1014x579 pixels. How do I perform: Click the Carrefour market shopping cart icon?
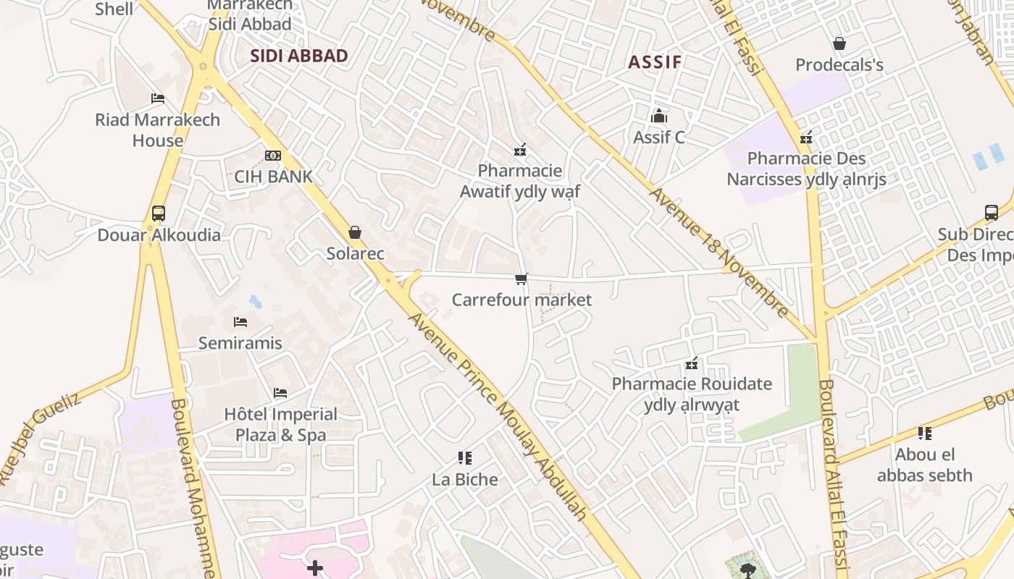pyautogui.click(x=521, y=279)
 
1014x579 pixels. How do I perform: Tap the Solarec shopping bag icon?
pyautogui.click(x=355, y=232)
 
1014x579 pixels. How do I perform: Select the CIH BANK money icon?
pyautogui.click(x=273, y=156)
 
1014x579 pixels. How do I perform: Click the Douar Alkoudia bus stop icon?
pyautogui.click(x=159, y=214)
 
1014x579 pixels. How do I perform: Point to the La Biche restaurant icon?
pyautogui.click(x=465, y=457)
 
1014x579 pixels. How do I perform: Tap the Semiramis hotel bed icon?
pyautogui.click(x=240, y=321)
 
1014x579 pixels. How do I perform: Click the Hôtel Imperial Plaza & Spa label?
pyautogui.click(x=281, y=424)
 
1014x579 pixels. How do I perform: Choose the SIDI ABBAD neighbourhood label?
pyautogui.click(x=299, y=56)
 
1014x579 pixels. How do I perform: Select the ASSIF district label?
pyautogui.click(x=655, y=62)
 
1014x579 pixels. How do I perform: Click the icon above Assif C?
pyautogui.click(x=659, y=116)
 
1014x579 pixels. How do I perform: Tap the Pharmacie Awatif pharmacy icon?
pyautogui.click(x=519, y=150)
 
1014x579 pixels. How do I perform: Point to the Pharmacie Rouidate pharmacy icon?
pyautogui.click(x=692, y=363)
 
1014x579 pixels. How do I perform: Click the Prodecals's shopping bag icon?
pyautogui.click(x=839, y=43)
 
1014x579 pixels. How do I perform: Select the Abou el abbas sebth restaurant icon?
pyautogui.click(x=924, y=434)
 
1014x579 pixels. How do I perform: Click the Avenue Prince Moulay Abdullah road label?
pyautogui.click(x=498, y=416)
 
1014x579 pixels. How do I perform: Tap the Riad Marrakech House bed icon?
pyautogui.click(x=158, y=98)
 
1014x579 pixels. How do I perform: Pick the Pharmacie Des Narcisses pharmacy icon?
pyautogui.click(x=806, y=138)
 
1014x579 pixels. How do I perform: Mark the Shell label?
pyautogui.click(x=114, y=9)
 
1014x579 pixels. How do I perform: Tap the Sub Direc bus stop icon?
pyautogui.click(x=992, y=213)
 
